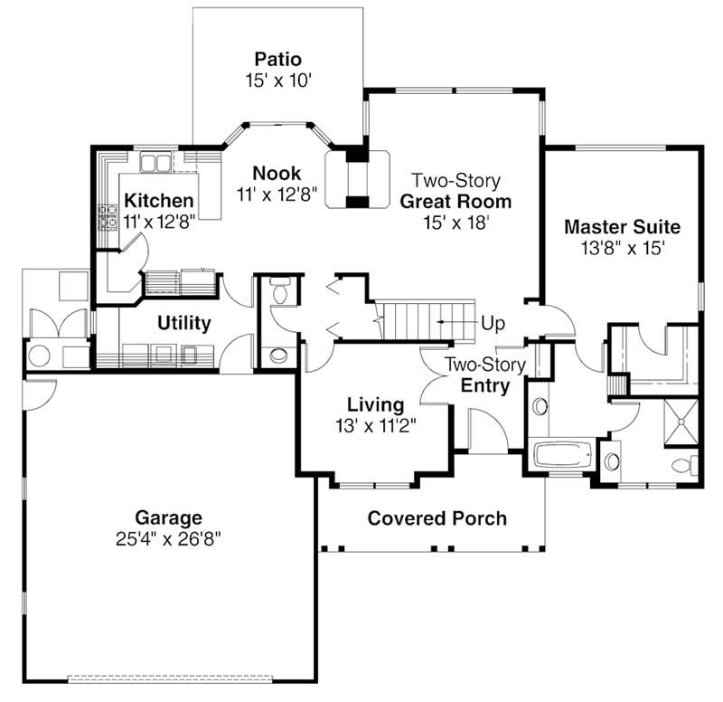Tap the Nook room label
277,173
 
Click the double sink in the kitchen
155,163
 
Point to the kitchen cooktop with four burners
108,217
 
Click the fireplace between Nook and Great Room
358,178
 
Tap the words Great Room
455,201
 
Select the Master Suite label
621,226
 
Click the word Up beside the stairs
493,322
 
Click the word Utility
183,323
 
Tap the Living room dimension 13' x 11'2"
377,422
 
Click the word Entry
485,386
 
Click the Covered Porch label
437,518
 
